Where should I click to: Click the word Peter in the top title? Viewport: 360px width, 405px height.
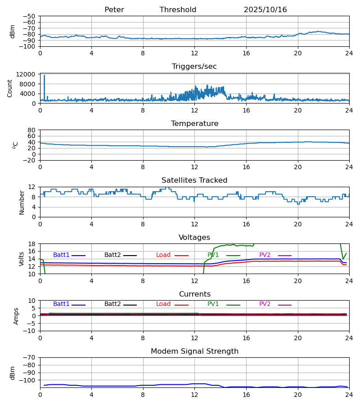pos(114,10)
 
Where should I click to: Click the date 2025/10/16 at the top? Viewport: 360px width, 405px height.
pos(265,10)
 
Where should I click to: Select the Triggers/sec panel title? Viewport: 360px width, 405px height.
pos(194,67)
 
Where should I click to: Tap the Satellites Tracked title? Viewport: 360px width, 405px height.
pos(194,180)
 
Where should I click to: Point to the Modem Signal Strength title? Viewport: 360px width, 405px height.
pos(194,351)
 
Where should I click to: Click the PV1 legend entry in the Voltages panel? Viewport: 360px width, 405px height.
pos(213,255)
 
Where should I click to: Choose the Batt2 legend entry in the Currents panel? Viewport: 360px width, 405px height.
pos(112,304)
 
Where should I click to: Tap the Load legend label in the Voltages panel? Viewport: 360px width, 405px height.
pos(163,255)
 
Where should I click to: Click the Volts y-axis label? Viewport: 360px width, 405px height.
pos(22,259)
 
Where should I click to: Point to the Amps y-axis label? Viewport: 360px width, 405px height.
pos(17,316)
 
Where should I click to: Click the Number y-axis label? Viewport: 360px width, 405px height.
pos(22,202)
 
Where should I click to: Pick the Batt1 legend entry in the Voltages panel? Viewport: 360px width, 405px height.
pos(61,255)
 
